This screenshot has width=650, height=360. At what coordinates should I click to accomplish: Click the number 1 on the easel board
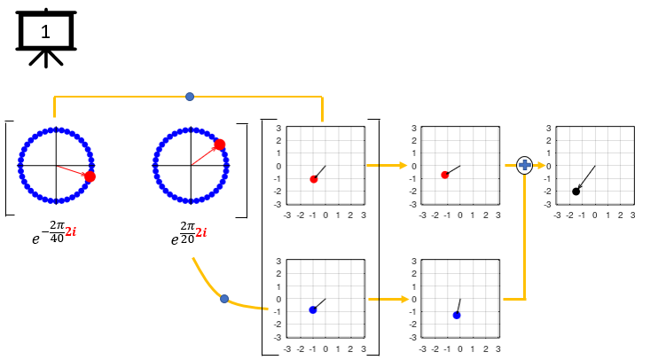click(45, 32)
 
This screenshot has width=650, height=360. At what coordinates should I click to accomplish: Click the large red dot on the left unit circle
click(90, 176)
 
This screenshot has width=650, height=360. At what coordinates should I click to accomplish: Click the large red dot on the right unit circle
click(220, 145)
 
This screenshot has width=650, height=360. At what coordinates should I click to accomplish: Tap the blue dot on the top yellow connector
click(190, 97)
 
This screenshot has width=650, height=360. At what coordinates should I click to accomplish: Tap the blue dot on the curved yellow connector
click(224, 299)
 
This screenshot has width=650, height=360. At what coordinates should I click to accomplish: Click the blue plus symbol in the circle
click(525, 166)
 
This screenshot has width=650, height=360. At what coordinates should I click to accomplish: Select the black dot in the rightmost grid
click(576, 192)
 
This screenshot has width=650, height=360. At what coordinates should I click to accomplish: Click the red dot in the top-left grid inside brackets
click(314, 179)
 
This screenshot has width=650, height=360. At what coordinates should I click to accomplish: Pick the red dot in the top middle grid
click(445, 175)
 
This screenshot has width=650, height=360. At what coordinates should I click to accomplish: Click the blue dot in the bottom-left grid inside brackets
click(313, 309)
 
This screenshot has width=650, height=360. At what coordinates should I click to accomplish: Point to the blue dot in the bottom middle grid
click(457, 315)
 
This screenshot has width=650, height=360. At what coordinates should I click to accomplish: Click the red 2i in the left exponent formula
click(71, 231)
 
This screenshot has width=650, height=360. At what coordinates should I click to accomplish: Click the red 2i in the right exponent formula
click(201, 232)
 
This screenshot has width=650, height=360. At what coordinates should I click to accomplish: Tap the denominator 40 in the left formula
click(58, 239)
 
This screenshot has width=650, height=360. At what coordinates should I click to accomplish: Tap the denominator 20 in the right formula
click(187, 239)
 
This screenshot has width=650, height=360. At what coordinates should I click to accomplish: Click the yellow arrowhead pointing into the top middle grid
click(403, 166)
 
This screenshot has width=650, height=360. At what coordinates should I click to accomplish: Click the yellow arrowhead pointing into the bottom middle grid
click(404, 299)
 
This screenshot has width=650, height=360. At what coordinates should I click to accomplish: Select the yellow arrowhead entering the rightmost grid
click(541, 166)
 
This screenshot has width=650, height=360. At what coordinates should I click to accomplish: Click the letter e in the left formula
click(36, 239)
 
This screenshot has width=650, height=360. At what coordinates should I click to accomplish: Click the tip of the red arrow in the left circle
click(85, 175)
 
